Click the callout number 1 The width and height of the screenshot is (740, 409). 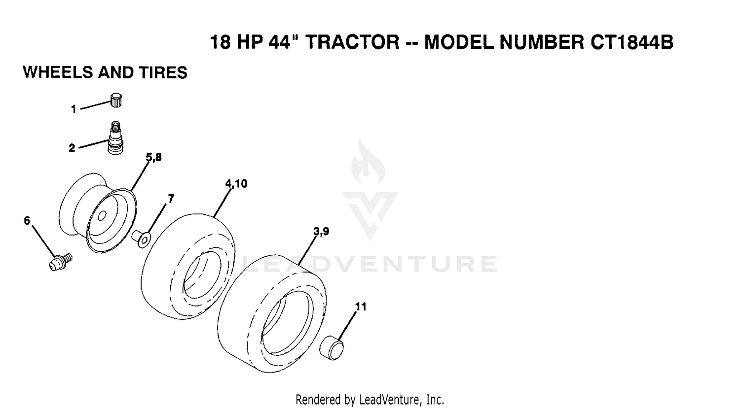tap(74, 109)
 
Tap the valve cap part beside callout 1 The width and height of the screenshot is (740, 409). tap(116, 100)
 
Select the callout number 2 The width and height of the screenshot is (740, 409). tap(72, 148)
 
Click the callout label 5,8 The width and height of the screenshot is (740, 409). tap(153, 158)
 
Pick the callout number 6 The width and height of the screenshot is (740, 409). tap(27, 220)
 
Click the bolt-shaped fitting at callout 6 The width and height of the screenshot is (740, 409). tap(61, 262)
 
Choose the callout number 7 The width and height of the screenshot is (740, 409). tap(171, 199)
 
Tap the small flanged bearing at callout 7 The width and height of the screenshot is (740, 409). tap(141, 239)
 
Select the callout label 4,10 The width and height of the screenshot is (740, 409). tap(236, 184)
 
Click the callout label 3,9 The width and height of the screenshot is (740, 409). tap(321, 232)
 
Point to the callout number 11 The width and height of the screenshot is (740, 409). tap(361, 307)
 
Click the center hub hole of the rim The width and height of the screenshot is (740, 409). tap(102, 216)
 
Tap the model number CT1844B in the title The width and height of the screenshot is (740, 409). tap(631, 42)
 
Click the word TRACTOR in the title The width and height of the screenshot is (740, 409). tap(352, 42)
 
